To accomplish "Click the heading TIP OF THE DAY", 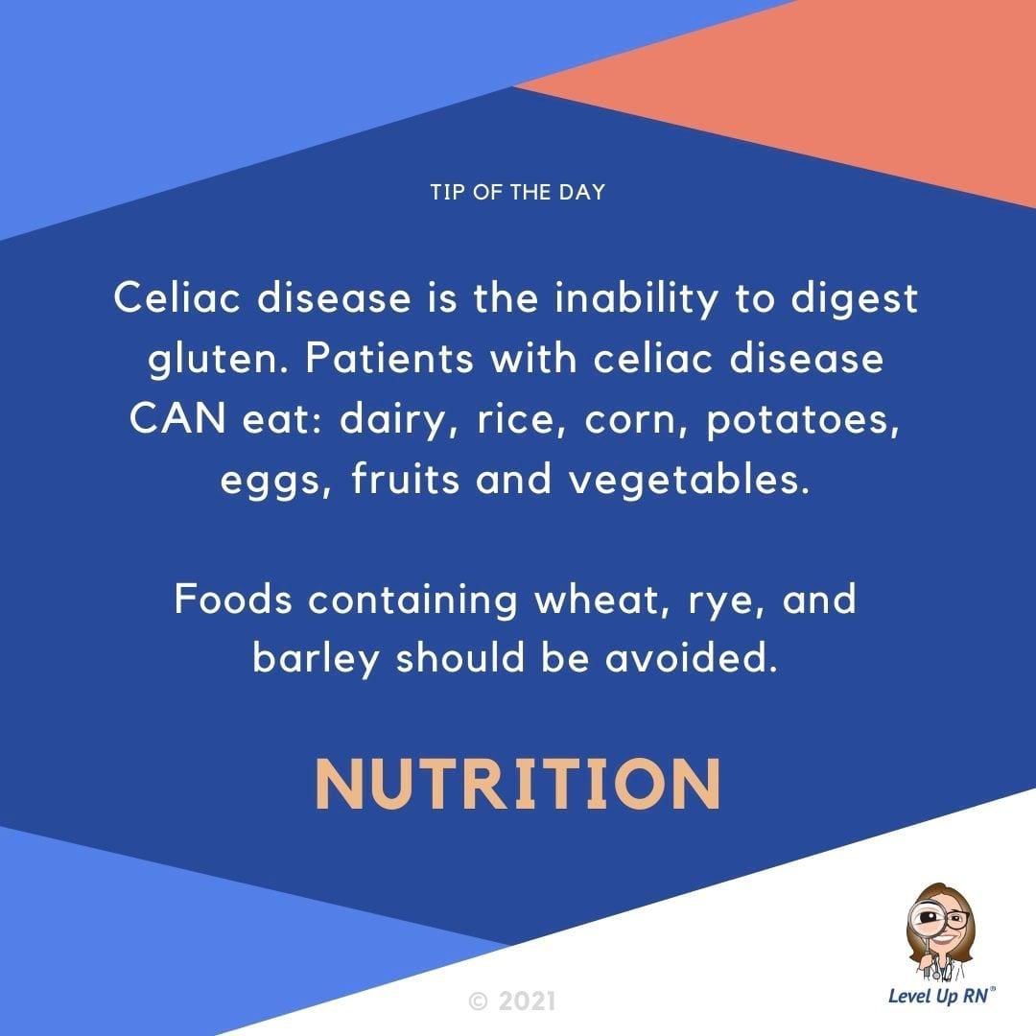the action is click(x=518, y=192).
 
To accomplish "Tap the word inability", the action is click(x=636, y=298).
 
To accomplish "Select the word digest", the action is click(x=855, y=298).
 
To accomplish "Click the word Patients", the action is click(x=389, y=359).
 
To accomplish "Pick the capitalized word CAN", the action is click(x=177, y=419).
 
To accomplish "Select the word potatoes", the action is click(x=803, y=421).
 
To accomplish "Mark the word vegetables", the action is click(x=689, y=480).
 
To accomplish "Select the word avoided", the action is click(x=691, y=658).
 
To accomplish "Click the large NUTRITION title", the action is click(x=518, y=784).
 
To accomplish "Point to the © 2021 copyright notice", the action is click(x=512, y=1001).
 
